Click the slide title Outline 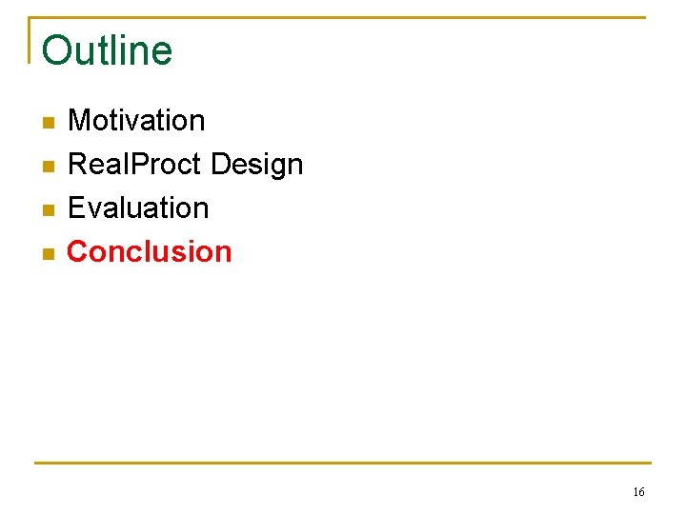107,50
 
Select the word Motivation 136,121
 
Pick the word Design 256,166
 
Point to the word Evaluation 138,208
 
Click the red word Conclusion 150,251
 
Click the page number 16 638,492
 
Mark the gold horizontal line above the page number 343,464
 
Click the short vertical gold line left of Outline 30,40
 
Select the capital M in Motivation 79,121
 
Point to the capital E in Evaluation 76,208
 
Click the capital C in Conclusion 77,251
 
